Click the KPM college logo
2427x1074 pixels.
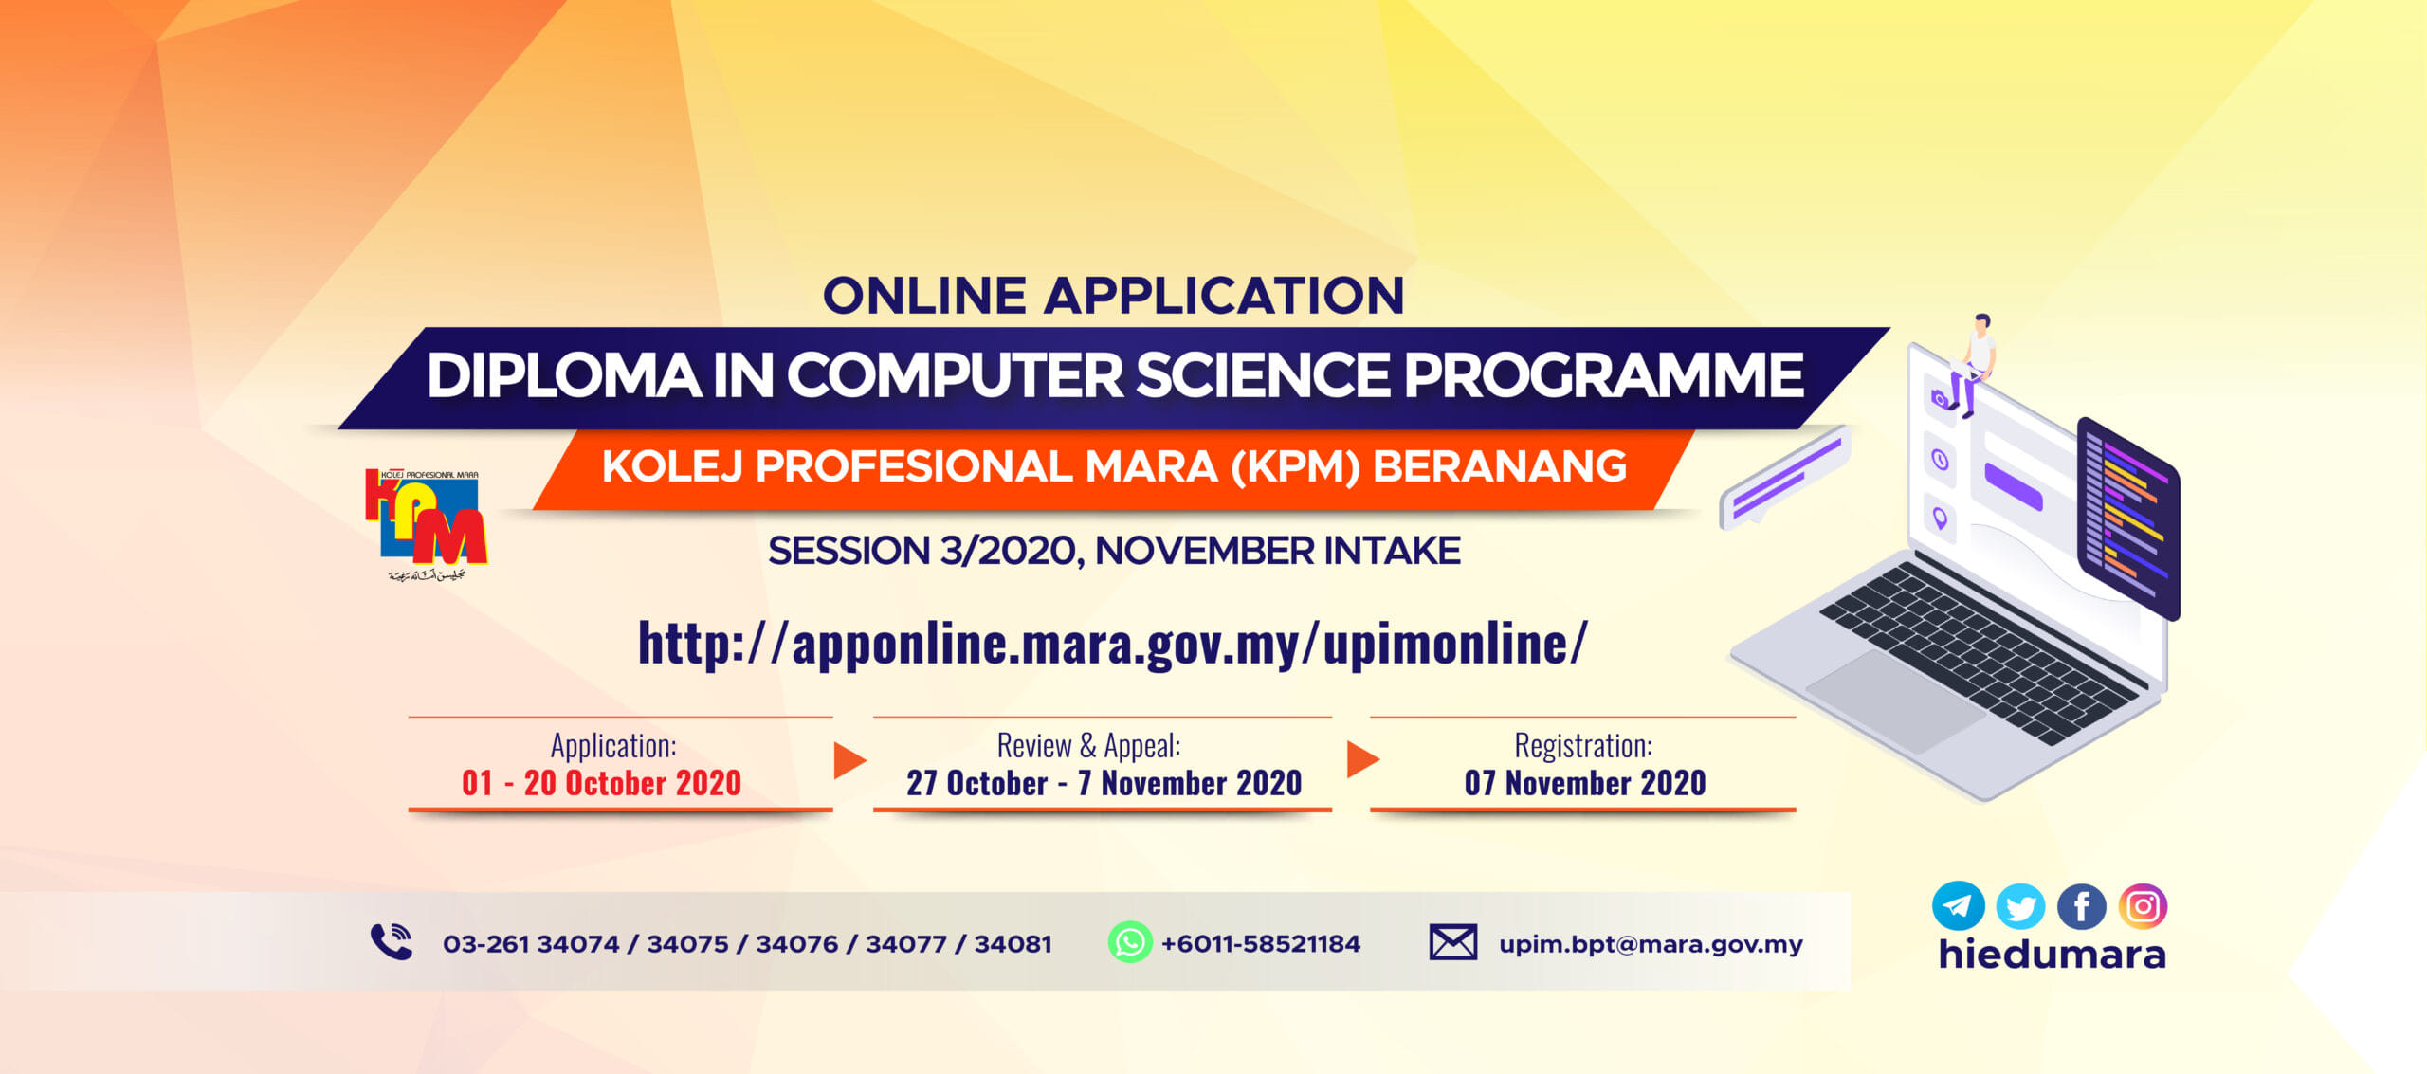pyautogui.click(x=426, y=524)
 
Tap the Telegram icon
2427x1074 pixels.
pyautogui.click(x=1958, y=905)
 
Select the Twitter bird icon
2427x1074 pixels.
pyautogui.click(x=2020, y=907)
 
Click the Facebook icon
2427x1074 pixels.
pyautogui.click(x=2082, y=907)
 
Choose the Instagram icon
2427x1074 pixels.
pyautogui.click(x=2144, y=906)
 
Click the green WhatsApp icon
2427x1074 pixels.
pyautogui.click(x=1130, y=942)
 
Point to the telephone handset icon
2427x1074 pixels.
pyautogui.click(x=392, y=941)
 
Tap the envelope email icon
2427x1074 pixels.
pyautogui.click(x=1452, y=942)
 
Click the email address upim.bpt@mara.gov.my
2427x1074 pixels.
pyautogui.click(x=1651, y=944)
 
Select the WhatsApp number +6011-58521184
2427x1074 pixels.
pyautogui.click(x=1261, y=943)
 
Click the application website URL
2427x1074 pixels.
pyautogui.click(x=1113, y=644)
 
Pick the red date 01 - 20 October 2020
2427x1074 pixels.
pyautogui.click(x=601, y=783)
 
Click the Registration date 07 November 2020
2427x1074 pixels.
pyautogui.click(x=1585, y=783)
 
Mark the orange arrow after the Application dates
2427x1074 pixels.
pyautogui.click(x=849, y=760)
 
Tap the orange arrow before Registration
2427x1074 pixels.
pyautogui.click(x=1362, y=759)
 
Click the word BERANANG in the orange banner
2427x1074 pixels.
pyautogui.click(x=1500, y=466)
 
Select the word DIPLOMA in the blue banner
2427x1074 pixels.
pyautogui.click(x=564, y=375)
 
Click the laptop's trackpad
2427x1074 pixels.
pyautogui.click(x=1896, y=701)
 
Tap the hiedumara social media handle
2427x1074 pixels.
pyautogui.click(x=2053, y=954)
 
